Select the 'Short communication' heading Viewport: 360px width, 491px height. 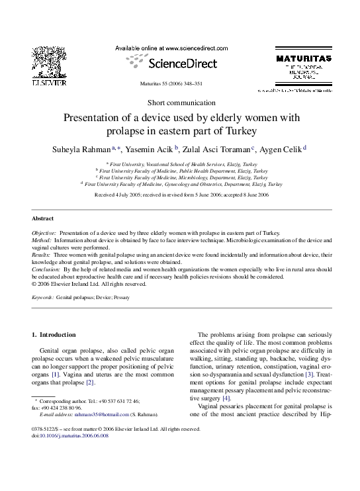pos(181,102)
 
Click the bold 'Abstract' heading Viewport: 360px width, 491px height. pos(43,218)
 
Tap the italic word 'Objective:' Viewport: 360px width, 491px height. pos(44,234)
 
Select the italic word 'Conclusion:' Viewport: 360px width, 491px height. pos(46,270)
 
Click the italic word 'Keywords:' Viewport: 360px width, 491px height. pos(43,298)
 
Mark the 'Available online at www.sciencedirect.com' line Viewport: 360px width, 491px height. pos(171,48)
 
